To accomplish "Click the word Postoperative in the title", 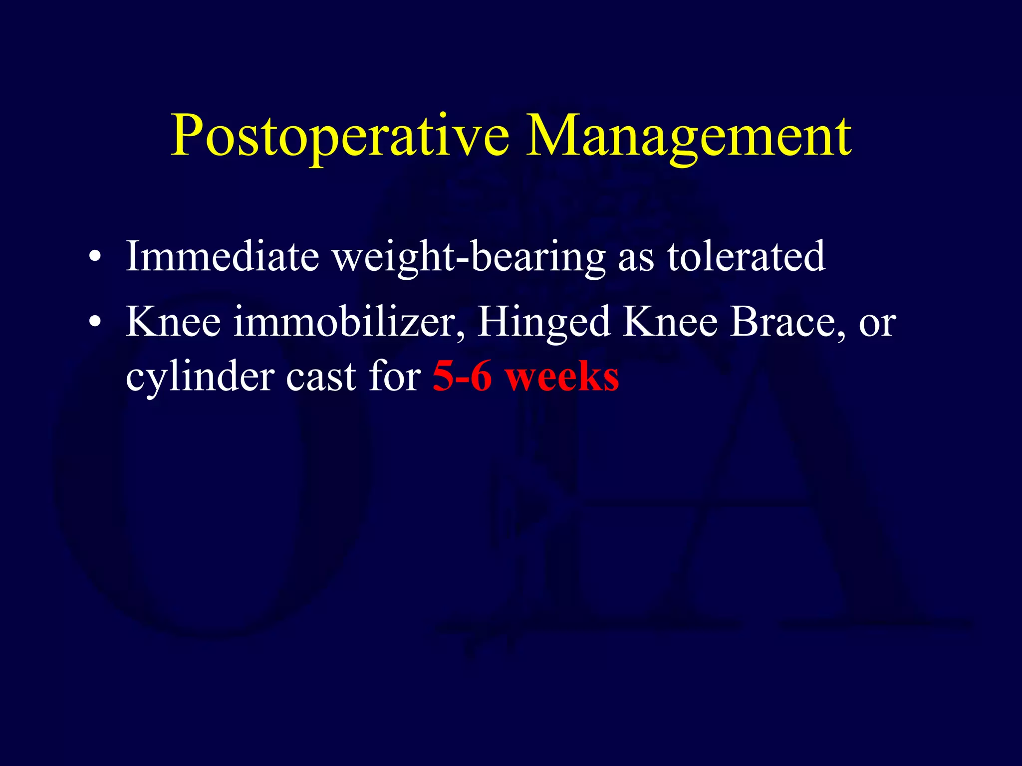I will coord(340,136).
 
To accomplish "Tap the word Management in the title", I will coord(689,136).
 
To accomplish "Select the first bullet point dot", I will coord(94,257).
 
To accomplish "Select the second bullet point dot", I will coord(94,323).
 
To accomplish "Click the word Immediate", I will coord(222,256).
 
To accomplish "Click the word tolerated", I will coord(747,256).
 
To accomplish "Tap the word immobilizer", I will coord(349,322).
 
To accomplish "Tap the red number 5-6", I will coord(462,377).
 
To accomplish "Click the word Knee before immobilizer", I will coord(173,322).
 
